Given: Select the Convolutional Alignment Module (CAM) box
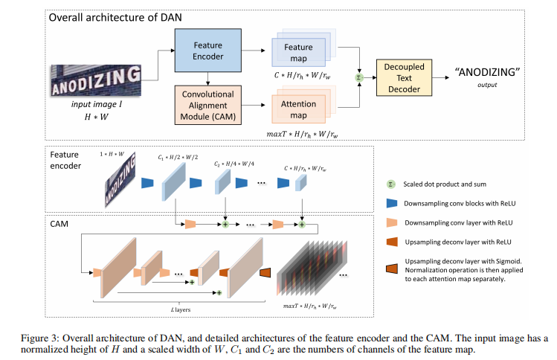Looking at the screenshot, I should [208, 105].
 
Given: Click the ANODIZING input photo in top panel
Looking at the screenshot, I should [95, 81].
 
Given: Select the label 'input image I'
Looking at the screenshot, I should [96, 106].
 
